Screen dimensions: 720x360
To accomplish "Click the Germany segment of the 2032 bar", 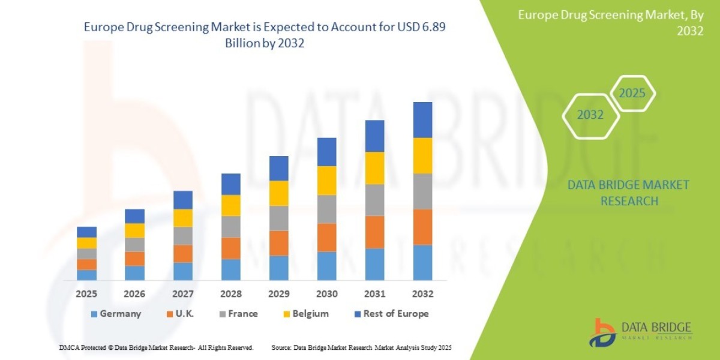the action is tap(422, 262).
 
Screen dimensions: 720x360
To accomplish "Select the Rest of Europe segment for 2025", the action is tap(86, 232).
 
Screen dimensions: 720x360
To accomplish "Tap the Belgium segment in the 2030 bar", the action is tap(326, 181).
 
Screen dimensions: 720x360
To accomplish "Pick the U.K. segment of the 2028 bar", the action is tap(230, 248).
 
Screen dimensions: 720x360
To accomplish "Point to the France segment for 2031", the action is tap(374, 200).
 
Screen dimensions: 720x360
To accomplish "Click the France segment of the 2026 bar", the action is tap(134, 245).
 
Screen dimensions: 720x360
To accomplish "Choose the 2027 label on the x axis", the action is tap(182, 295).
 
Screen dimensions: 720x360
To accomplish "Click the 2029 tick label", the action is tap(278, 295).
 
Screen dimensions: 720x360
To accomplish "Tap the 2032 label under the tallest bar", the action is tap(422, 295).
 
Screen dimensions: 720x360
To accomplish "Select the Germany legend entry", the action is tap(116, 314).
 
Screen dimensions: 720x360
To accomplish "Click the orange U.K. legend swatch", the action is tap(170, 314).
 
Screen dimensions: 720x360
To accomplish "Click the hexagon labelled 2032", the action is tap(590, 115).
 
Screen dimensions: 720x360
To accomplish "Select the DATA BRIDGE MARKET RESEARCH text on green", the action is tap(628, 193).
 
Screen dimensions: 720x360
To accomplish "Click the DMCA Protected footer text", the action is tap(156, 347).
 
